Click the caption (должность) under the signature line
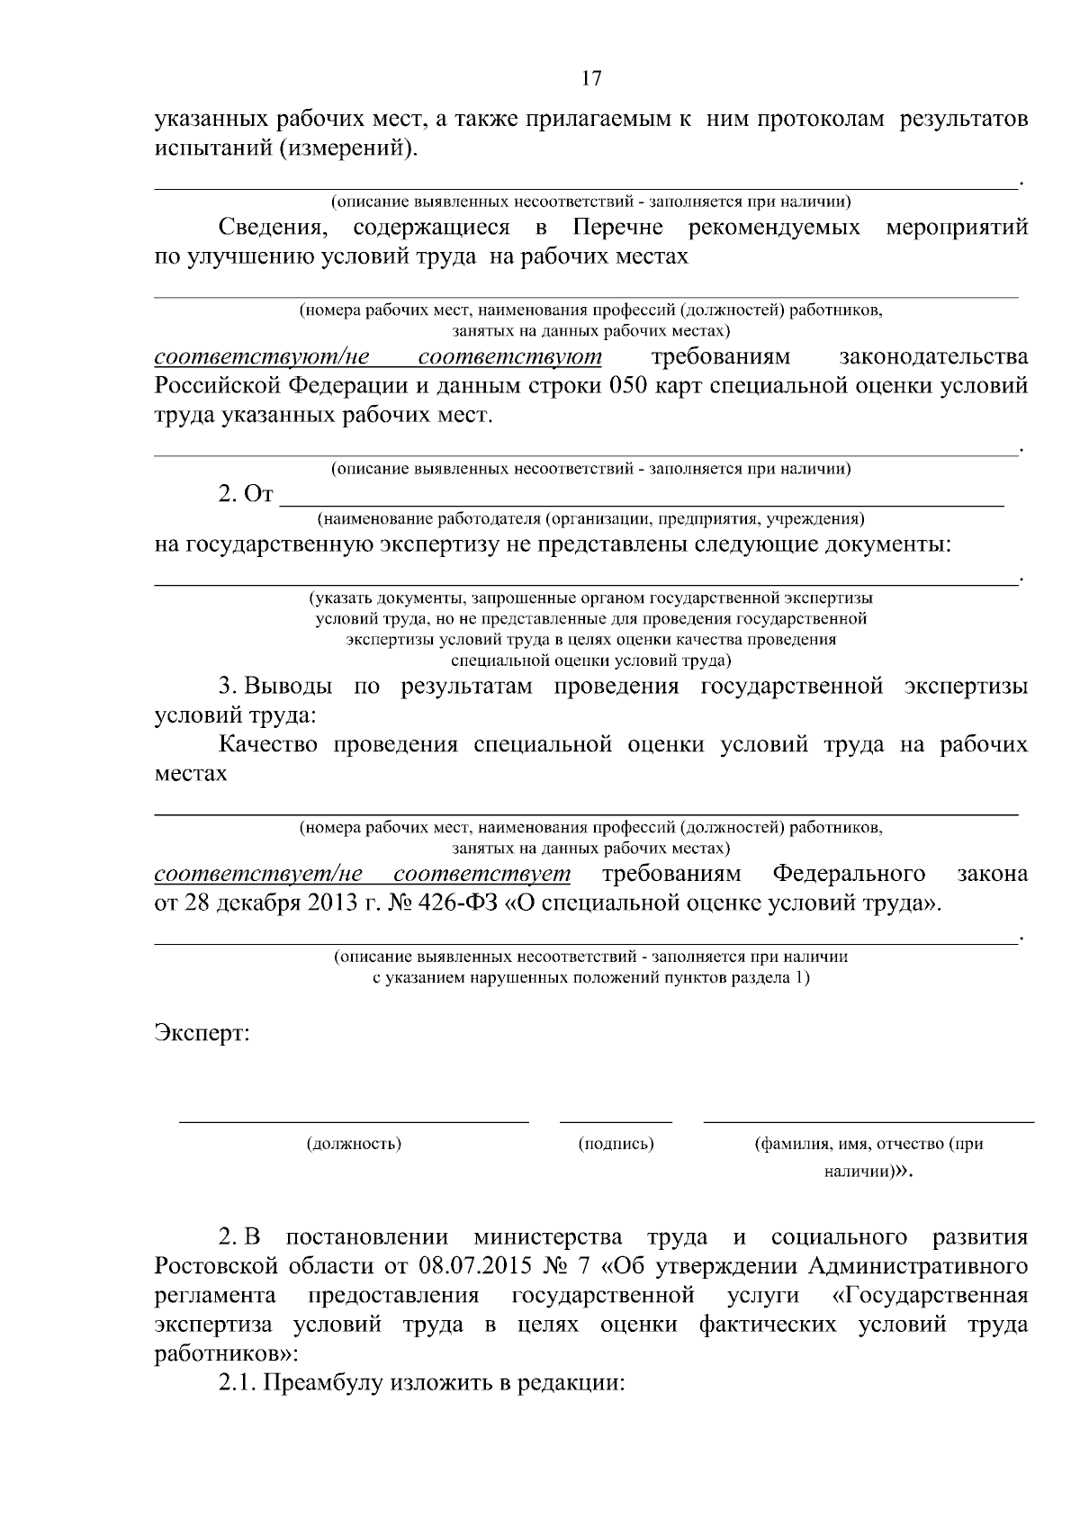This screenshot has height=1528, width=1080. click(354, 1144)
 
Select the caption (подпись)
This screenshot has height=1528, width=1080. click(616, 1144)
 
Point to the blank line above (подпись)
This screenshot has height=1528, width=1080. click(616, 1121)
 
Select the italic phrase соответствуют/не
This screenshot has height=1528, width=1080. click(263, 357)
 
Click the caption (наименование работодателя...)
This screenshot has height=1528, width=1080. click(589, 519)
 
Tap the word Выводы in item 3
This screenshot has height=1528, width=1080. click(288, 687)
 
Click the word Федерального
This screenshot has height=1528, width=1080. click(850, 874)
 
